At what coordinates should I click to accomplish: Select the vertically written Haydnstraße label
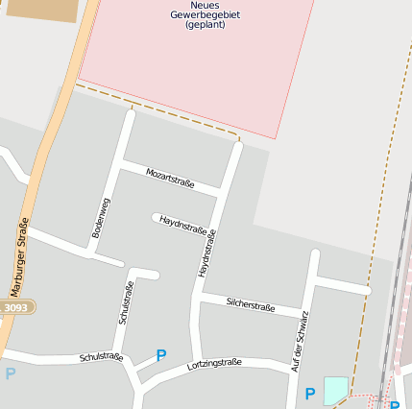click(207, 253)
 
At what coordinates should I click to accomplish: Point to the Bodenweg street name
click(101, 218)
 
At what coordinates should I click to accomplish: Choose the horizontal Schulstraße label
click(101, 357)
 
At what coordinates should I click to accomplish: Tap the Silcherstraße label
click(251, 305)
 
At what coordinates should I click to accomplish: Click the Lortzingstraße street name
click(214, 363)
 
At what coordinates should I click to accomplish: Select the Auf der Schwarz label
click(300, 341)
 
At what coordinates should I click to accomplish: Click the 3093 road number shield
click(16, 307)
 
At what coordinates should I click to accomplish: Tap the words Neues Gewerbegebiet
click(204, 11)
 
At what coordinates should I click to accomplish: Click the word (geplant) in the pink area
click(204, 25)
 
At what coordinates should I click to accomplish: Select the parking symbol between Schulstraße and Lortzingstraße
click(161, 355)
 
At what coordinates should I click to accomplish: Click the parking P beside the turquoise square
click(309, 394)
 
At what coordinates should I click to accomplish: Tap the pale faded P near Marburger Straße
click(10, 373)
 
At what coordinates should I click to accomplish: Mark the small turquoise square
click(335, 390)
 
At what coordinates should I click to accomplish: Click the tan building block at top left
click(42, 10)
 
